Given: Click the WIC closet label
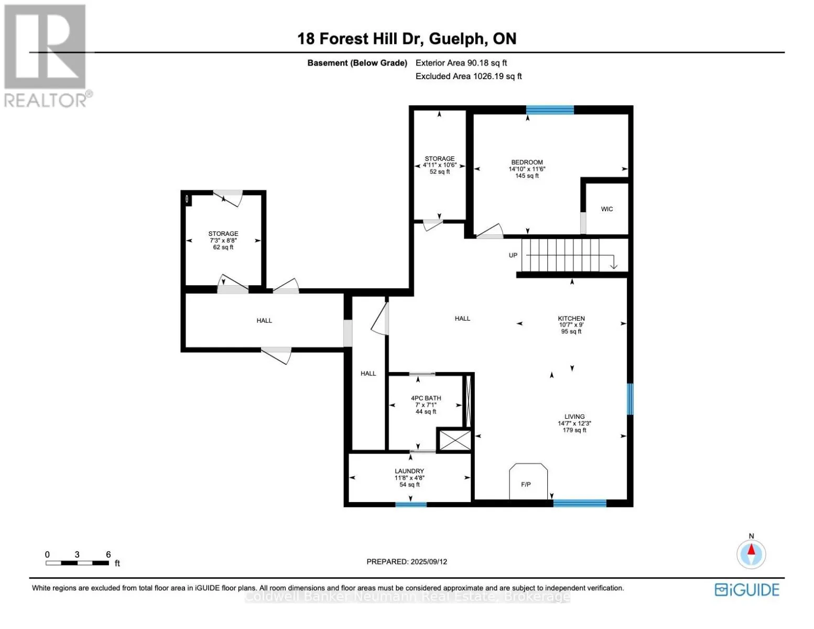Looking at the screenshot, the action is (606, 209).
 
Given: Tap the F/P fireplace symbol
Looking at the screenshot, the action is (528, 481).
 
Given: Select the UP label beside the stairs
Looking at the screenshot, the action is (513, 255).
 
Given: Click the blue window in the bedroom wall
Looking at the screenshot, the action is (550, 110).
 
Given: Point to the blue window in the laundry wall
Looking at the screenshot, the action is (411, 504).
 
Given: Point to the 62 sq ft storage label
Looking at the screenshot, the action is (223, 241).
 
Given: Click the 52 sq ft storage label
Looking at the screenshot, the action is (440, 165).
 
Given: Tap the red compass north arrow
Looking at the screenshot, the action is (751, 549).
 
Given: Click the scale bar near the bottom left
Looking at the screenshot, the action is (77, 562).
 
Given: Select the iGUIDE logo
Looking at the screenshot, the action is (747, 590).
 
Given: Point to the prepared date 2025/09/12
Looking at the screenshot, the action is (429, 561).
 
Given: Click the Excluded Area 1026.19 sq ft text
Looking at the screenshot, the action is (469, 77).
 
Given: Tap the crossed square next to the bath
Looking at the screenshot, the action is (455, 440).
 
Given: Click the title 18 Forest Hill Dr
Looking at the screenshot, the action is (361, 39).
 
